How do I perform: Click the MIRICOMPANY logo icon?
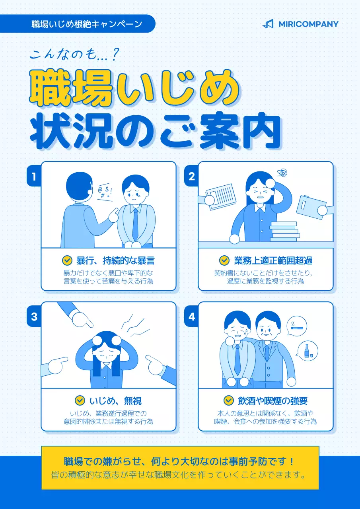pos(268,24)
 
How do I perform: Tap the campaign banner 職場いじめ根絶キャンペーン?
pos(87,24)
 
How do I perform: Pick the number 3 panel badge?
pos(34,317)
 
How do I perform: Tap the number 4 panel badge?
pos(192,317)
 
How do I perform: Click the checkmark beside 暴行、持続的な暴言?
pos(67,260)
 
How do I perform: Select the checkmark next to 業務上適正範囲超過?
pos(224,260)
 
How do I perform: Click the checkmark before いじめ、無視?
pos(80,400)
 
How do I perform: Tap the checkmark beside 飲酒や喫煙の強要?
pos(228,400)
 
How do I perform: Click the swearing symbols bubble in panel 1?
pos(105,192)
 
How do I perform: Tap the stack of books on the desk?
pos(284,231)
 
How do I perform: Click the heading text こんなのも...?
pos(74,54)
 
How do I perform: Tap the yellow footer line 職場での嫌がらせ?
pos(180,462)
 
